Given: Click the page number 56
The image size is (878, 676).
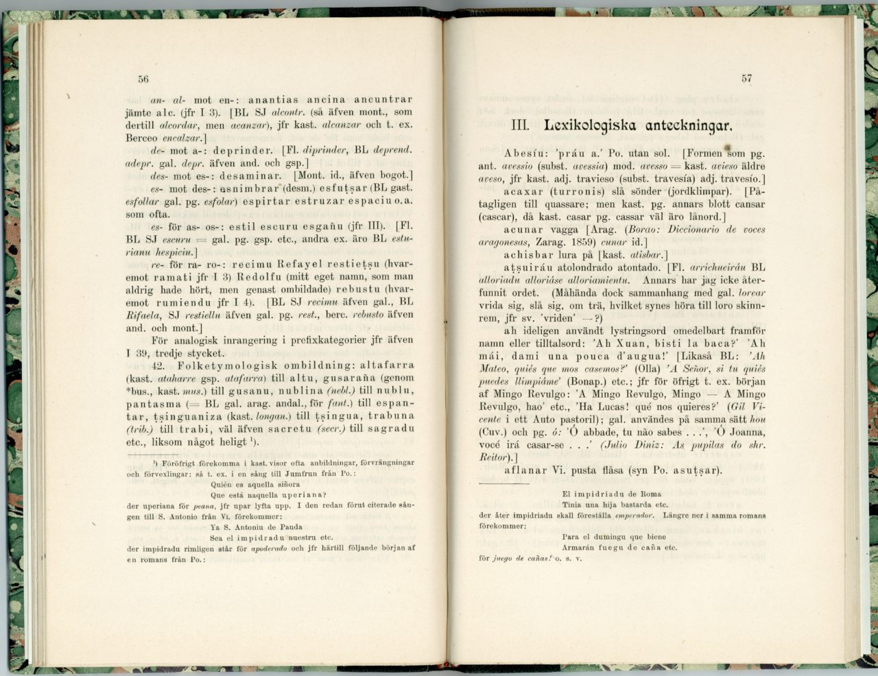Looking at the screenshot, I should tap(143, 78).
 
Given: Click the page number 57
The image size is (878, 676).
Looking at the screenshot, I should tap(746, 78).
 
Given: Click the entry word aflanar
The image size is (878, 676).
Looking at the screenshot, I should tap(525, 470).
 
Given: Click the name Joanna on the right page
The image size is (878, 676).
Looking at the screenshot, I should tap(746, 432).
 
